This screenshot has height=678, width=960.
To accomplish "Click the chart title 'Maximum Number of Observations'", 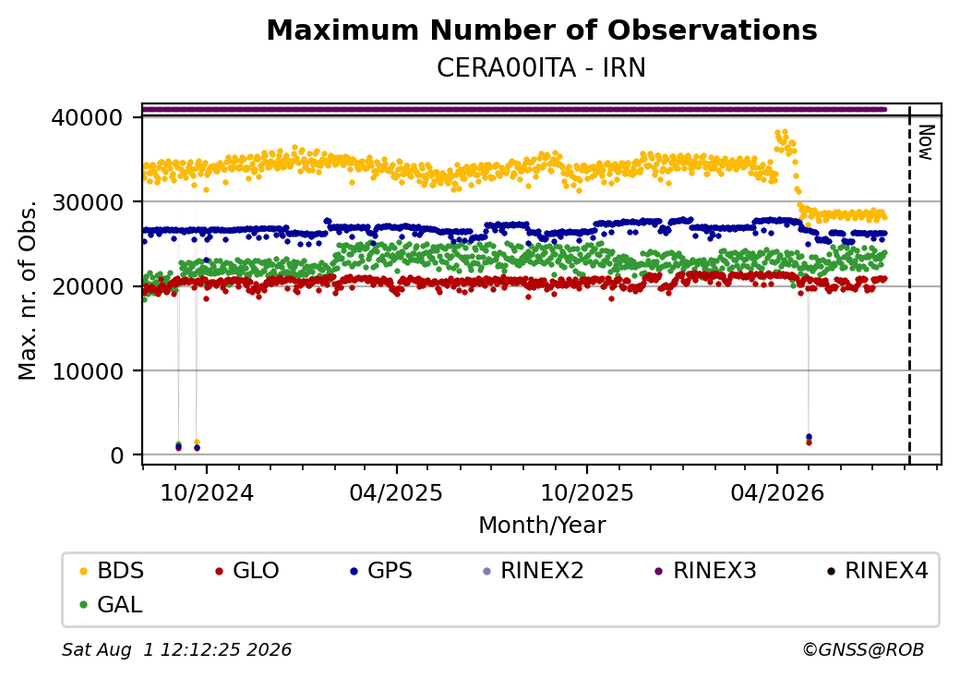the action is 542,30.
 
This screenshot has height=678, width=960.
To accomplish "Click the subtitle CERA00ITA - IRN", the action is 541,68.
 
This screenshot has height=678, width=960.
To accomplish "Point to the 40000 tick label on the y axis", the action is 88,117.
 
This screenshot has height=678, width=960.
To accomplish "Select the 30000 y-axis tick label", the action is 88,202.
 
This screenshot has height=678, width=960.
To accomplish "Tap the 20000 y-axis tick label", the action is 88,286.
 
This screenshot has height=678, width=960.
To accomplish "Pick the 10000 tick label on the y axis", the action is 88,371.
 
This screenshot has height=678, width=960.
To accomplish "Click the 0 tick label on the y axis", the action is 117,455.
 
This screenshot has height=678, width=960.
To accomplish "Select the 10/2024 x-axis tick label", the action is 207,493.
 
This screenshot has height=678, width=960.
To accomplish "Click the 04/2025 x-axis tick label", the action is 396,493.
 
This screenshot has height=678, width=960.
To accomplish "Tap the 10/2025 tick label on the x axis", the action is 586,493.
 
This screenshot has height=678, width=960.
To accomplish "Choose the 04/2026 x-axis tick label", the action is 777,493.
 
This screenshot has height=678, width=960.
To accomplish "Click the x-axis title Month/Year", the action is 542,526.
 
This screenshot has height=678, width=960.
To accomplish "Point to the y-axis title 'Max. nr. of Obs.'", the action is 28,290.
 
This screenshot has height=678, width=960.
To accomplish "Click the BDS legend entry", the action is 112,571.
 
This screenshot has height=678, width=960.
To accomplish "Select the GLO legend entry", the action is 246,571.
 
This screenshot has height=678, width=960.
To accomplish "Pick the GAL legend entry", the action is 112,604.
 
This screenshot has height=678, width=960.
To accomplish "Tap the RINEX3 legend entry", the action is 705,571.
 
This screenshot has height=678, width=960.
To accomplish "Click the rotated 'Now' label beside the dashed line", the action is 927,142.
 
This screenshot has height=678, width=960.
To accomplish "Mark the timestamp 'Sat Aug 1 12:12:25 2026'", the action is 177,649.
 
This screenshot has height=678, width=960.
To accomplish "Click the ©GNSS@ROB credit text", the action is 863,649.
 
